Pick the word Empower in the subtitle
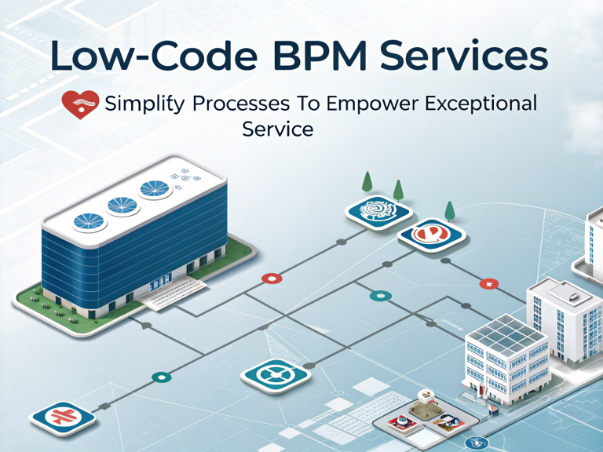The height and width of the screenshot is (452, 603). point(374,104)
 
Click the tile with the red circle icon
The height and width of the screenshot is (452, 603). point(426,235)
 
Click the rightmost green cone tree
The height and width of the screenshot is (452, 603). point(451,210)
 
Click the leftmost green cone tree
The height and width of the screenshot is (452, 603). point(366,181)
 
